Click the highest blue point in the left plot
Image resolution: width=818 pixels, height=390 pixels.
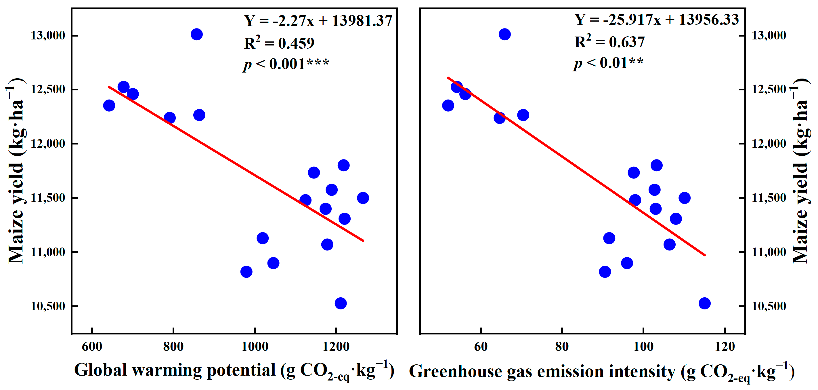pos(196,34)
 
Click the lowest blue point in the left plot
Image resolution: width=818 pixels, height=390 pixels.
pos(341,303)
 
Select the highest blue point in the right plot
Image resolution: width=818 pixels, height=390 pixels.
pos(504,34)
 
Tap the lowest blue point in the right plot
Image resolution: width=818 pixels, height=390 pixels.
pos(705,303)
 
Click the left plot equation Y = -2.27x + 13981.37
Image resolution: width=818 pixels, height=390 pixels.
pos(318,21)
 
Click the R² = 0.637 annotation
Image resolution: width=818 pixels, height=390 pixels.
pos(610,42)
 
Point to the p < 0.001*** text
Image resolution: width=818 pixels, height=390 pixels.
pos(286,64)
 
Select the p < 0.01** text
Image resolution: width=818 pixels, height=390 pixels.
pos(608,63)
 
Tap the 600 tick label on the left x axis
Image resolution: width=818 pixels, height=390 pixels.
pos(92,347)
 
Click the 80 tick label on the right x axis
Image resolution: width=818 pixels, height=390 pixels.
pos(562,347)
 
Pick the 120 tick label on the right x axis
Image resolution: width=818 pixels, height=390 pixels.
pos(725,347)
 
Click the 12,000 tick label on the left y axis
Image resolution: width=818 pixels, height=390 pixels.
pos(48,144)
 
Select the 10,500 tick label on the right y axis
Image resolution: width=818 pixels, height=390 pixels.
pos(769,306)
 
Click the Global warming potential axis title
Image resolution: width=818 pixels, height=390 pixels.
pos(234,371)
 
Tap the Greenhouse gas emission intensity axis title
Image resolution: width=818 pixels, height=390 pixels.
pos(601,371)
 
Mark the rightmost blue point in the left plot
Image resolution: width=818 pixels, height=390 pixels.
pos(363,198)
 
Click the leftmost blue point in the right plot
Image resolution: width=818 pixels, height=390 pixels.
pos(448,106)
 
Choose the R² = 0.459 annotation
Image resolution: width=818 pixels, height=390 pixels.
pos(279,43)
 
